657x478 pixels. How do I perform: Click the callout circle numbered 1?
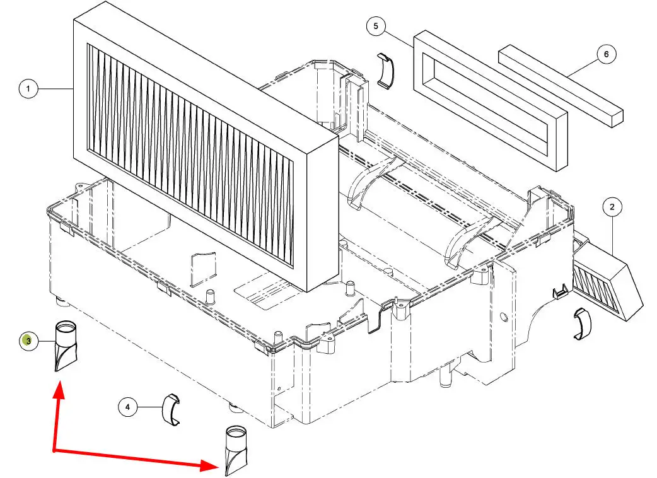(28, 90)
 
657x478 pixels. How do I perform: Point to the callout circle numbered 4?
(127, 407)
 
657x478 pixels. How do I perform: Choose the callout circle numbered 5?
(376, 26)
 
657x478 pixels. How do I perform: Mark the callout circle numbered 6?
(607, 54)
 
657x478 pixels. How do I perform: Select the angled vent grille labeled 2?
(605, 281)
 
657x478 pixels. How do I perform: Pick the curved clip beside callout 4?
(171, 410)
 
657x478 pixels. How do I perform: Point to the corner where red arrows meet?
(54, 451)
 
